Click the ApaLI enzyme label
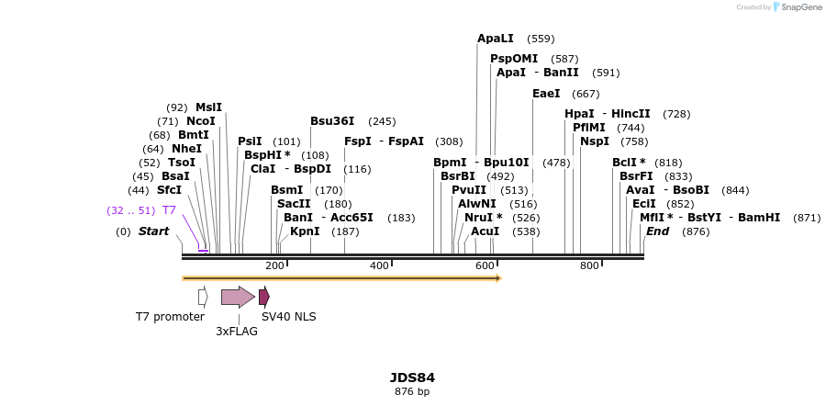click(x=495, y=39)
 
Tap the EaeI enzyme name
click(x=546, y=94)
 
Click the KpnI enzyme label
click(x=305, y=231)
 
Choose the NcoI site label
click(x=200, y=121)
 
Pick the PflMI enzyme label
click(x=589, y=128)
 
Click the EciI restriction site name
click(x=644, y=204)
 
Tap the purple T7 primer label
click(x=169, y=210)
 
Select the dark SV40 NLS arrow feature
click(x=264, y=297)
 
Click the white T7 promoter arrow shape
click(x=203, y=297)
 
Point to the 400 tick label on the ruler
click(x=379, y=265)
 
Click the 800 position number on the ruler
click(x=589, y=265)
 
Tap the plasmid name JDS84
click(x=412, y=378)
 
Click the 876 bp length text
click(x=412, y=392)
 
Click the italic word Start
click(x=153, y=231)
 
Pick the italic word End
click(x=657, y=231)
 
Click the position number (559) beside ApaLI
click(x=541, y=39)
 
